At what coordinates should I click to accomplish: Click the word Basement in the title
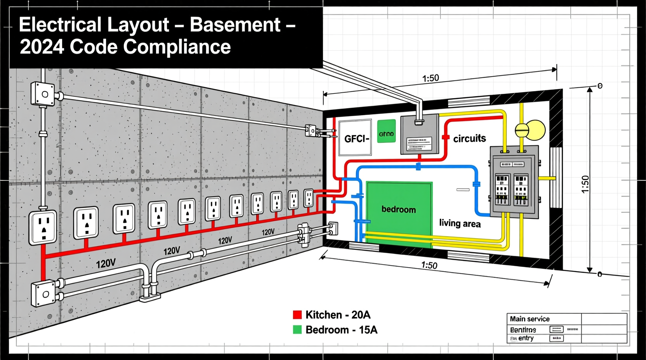tap(235, 25)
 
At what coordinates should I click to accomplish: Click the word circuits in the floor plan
tap(469, 138)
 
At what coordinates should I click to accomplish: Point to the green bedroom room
tap(399, 209)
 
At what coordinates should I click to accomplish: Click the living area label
tap(460, 223)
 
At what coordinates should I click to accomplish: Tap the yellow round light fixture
tap(531, 130)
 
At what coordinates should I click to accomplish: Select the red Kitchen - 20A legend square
tap(297, 315)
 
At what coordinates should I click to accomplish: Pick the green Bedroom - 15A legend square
tap(297, 330)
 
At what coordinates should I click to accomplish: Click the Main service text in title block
tap(530, 319)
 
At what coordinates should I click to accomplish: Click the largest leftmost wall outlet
tap(43, 228)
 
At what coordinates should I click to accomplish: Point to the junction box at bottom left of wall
tap(43, 294)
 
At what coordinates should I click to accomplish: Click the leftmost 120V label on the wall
tap(106, 264)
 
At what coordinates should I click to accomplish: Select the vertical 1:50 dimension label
tap(585, 184)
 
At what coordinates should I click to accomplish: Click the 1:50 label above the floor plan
tap(431, 78)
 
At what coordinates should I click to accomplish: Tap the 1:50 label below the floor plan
tap(429, 265)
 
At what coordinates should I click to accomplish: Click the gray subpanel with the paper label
tap(419, 134)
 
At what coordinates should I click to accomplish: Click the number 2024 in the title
tap(42, 47)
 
